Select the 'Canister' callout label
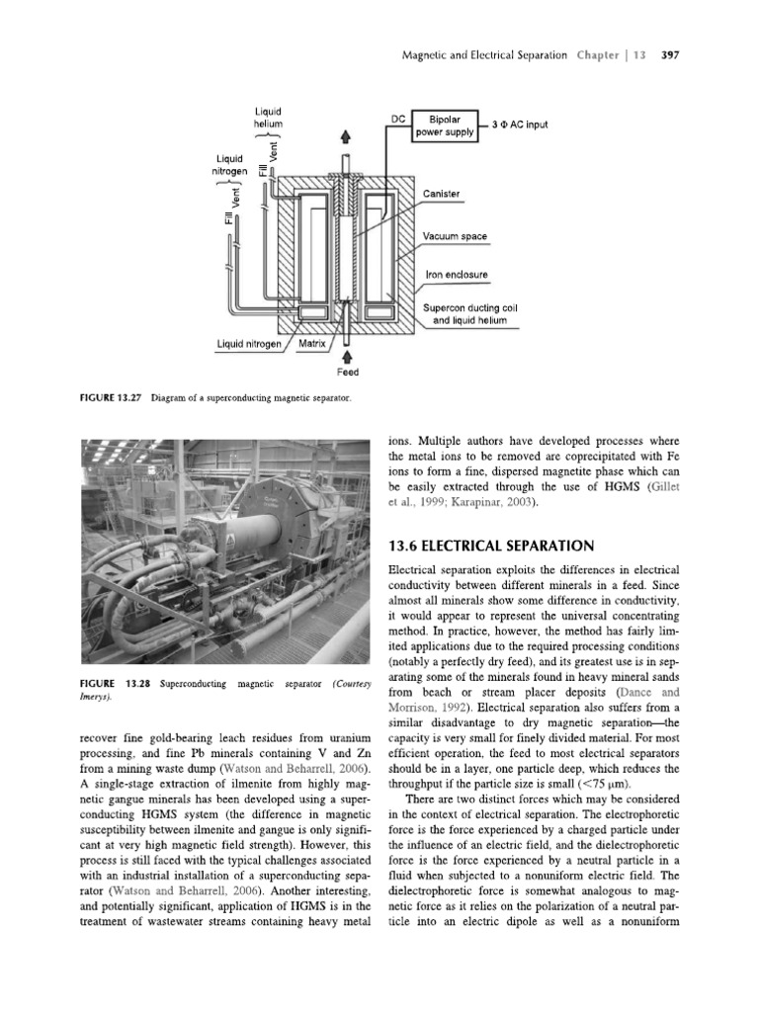coord(441,194)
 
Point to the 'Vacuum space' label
coord(455,237)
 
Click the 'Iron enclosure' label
coord(456,275)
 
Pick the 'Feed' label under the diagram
coord(347,373)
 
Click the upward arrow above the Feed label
coord(347,354)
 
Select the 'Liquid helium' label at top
coord(268,118)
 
